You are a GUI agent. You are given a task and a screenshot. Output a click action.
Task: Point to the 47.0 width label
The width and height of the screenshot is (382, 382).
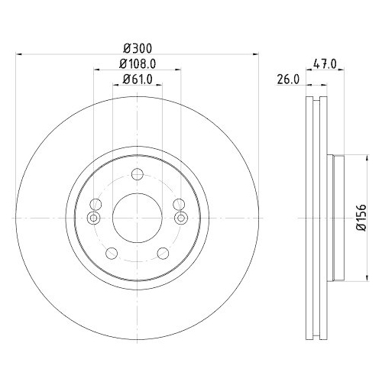click(324, 65)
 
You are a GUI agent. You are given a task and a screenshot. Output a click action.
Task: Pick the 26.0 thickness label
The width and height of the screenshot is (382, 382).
click(288, 78)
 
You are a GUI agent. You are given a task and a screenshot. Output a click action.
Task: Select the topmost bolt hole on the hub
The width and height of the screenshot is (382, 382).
click(137, 173)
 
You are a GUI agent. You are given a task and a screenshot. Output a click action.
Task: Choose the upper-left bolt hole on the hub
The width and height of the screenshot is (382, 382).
click(95, 204)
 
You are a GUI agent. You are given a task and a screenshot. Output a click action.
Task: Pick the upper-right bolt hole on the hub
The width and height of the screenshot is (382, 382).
click(179, 204)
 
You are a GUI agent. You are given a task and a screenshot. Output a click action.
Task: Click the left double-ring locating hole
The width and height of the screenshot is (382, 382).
click(94, 219)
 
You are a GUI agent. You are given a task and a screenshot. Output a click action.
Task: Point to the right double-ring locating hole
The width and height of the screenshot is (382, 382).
click(180, 219)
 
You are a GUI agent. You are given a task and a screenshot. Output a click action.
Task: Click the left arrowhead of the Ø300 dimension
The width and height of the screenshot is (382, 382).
click(20, 54)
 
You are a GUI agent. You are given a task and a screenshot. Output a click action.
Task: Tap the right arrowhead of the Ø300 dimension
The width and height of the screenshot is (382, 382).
click(254, 54)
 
